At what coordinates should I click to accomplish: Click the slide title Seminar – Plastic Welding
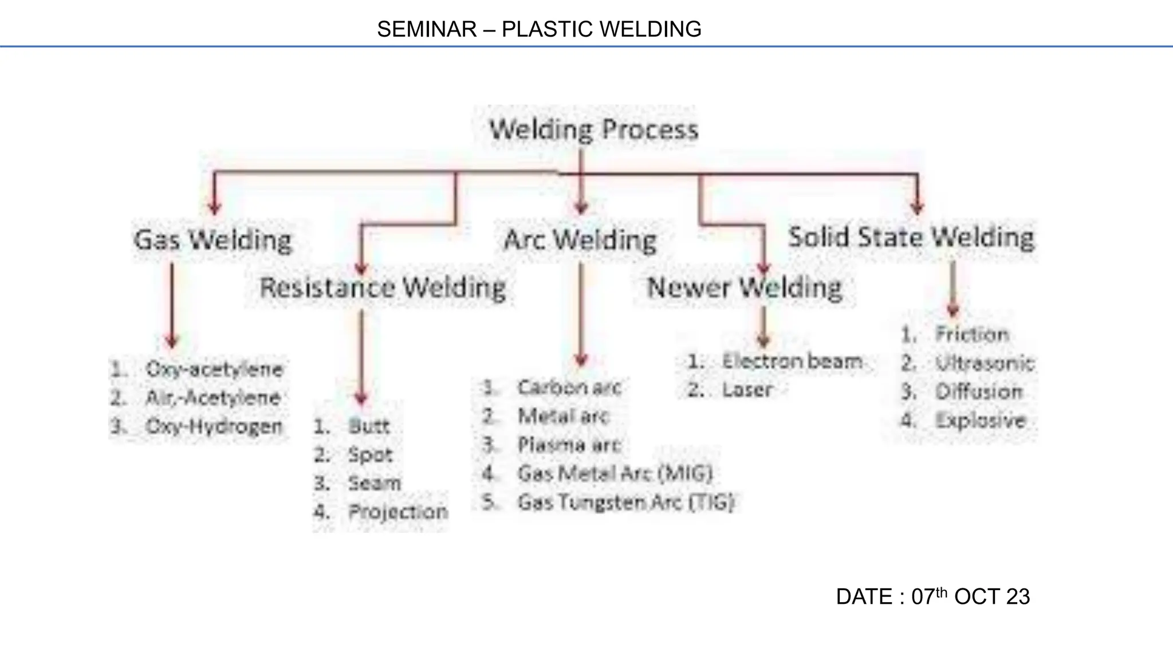tap(539, 29)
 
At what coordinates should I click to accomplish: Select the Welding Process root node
tap(594, 129)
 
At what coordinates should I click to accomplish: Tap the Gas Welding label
tap(212, 239)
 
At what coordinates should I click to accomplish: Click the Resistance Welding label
tap(383, 287)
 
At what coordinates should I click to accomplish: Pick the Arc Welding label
tap(580, 239)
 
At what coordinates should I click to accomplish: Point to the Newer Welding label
tap(745, 287)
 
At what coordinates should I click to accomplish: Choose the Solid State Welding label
tap(911, 237)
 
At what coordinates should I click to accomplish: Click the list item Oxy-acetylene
tap(214, 369)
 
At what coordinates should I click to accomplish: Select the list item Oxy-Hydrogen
tap(214, 426)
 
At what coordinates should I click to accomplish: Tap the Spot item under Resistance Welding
tap(370, 455)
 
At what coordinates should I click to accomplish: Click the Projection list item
tap(398, 512)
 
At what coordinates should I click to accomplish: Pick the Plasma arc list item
tap(569, 445)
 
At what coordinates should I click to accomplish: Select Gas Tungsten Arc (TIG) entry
tap(625, 502)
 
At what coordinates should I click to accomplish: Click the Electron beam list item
tap(792, 361)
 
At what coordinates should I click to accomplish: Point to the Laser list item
tap(747, 390)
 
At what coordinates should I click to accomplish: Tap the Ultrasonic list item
tap(985, 363)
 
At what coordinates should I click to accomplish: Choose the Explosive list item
tap(980, 421)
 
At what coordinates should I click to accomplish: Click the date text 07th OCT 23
tap(933, 596)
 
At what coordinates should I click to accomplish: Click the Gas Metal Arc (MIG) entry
tap(615, 473)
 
